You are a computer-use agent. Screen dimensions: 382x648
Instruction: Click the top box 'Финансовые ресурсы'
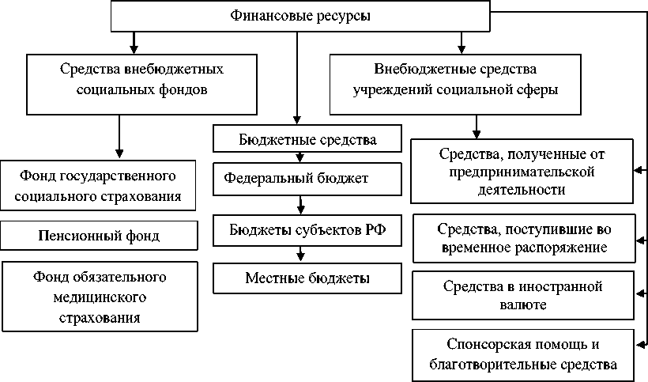coord(300,16)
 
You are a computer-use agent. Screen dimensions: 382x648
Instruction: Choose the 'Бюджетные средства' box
coord(296,140)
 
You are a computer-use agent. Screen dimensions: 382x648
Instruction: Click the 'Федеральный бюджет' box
coord(296,178)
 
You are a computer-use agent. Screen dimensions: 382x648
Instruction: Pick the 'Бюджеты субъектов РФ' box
coord(296,230)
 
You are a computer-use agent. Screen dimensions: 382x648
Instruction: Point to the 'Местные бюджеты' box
coord(296,278)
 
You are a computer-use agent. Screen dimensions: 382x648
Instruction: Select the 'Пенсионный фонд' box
coord(99,235)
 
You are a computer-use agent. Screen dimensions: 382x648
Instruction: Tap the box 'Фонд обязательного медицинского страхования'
coord(99,297)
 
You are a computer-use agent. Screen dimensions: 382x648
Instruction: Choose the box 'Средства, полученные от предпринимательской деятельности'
coord(522,170)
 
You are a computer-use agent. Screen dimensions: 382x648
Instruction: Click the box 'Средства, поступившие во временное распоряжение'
coord(522,237)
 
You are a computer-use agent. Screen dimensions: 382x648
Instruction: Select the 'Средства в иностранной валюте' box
coord(522,294)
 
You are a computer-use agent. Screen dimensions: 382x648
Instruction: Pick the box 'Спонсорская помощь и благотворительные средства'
coord(522,355)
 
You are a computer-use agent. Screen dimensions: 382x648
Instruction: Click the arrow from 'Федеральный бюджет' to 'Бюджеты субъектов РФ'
coord(300,207)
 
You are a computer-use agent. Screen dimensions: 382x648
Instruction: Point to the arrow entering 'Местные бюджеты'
coord(300,255)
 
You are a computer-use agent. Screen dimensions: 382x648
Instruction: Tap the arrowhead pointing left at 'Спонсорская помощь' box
coord(639,344)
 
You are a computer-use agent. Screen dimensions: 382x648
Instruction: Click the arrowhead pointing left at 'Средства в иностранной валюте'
coord(639,288)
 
